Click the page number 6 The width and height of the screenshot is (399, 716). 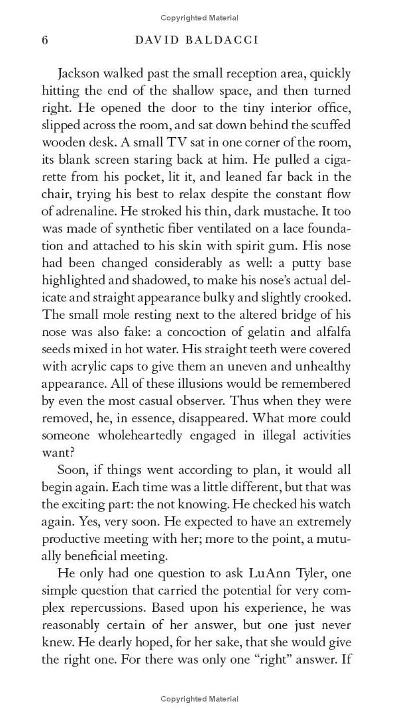[45, 40]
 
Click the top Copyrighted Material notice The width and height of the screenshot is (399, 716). [199, 18]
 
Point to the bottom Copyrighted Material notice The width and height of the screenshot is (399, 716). [199, 699]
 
